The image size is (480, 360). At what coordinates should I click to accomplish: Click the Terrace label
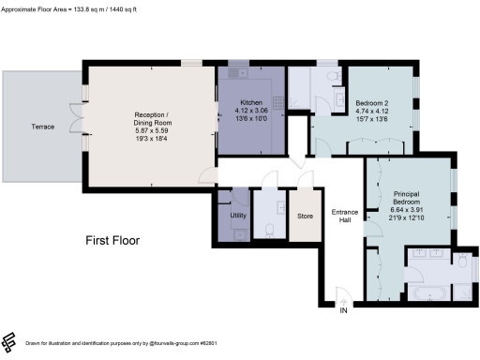[43, 125]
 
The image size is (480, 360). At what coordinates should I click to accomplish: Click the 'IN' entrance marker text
[344, 310]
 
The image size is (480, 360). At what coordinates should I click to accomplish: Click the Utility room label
[237, 216]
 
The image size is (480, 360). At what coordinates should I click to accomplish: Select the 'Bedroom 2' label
[373, 104]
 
